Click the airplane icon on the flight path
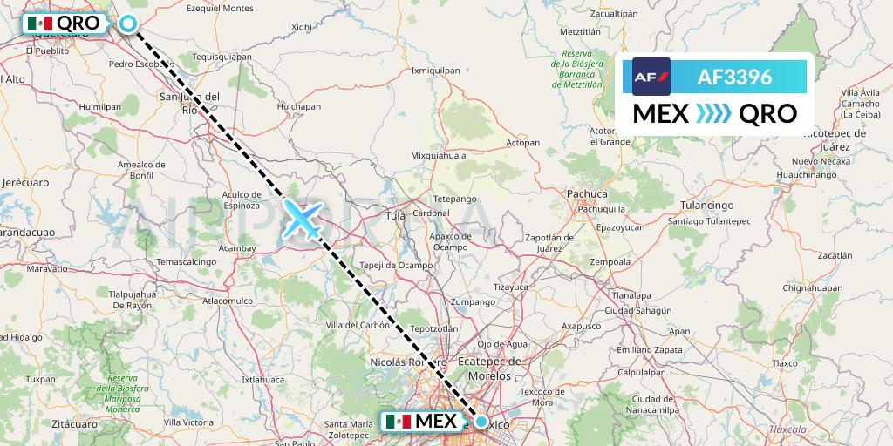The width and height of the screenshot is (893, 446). point(303,219)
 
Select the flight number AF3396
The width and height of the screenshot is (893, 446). point(734,77)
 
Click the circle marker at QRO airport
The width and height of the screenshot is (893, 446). point(129,24)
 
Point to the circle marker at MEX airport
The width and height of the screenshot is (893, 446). point(481,422)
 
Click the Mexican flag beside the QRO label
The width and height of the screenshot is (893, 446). point(39,24)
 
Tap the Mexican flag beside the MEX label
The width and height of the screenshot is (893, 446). point(397,422)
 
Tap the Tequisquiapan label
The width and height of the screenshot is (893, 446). point(222,57)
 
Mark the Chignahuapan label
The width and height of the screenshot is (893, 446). point(812,287)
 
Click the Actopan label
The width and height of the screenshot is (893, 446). point(523,142)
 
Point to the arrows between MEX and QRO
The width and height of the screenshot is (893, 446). point(713,113)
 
